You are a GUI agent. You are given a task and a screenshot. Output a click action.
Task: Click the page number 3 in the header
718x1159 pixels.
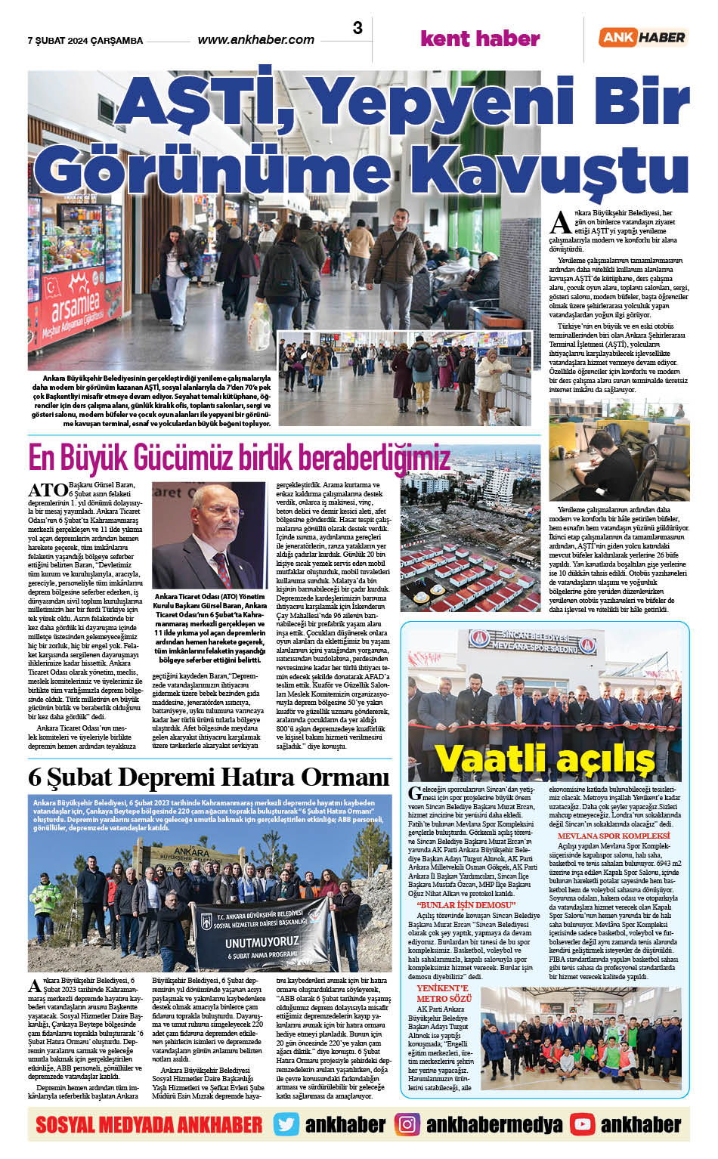pyautogui.click(x=357, y=29)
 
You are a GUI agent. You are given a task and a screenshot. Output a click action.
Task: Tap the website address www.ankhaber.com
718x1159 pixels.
pyautogui.click(x=255, y=39)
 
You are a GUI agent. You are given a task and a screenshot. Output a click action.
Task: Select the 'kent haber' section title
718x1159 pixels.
pyautogui.click(x=479, y=39)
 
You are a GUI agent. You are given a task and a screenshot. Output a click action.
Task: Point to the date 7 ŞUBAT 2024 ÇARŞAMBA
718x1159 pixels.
pyautogui.click(x=85, y=41)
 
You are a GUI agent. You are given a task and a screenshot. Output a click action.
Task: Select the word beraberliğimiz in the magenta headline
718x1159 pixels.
pyautogui.click(x=373, y=457)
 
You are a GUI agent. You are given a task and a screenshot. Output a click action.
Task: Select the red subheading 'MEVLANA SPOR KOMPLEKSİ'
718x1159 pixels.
pyautogui.click(x=613, y=836)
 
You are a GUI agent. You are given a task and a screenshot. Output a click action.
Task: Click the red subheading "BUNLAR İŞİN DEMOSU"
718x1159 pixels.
pyautogui.click(x=466, y=904)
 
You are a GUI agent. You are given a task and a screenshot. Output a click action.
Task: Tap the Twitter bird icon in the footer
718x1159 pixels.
pyautogui.click(x=286, y=1124)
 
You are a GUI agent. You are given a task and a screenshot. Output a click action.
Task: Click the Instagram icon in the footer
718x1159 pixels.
pyautogui.click(x=407, y=1124)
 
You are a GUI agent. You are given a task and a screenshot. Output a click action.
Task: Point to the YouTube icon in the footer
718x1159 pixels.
pyautogui.click(x=582, y=1124)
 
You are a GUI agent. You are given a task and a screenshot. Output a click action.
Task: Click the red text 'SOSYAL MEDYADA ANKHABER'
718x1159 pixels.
pyautogui.click(x=149, y=1124)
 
